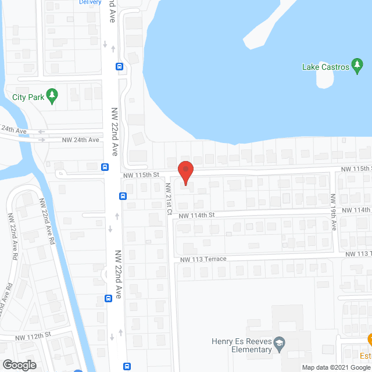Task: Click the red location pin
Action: (x=185, y=172)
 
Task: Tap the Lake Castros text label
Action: (x=325, y=67)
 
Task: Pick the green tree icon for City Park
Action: (x=52, y=96)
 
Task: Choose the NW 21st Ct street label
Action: (x=168, y=199)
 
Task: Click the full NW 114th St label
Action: (x=197, y=215)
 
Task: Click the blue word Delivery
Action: (x=90, y=2)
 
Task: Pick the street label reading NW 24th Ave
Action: (x=81, y=140)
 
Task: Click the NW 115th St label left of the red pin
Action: (x=141, y=175)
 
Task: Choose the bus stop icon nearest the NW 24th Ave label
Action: (x=105, y=167)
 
